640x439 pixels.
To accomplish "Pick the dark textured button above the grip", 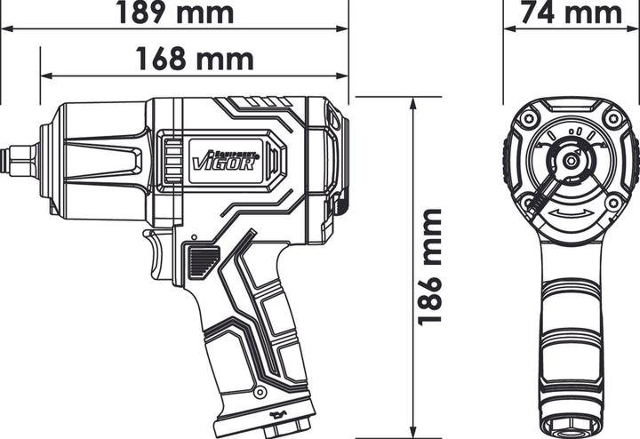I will click(203, 262).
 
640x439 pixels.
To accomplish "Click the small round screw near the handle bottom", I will click(259, 391).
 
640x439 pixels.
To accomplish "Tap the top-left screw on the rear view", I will click(530, 118).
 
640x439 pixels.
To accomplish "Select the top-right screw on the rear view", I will click(612, 118).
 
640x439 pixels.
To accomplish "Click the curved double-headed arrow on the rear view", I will click(570, 219).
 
